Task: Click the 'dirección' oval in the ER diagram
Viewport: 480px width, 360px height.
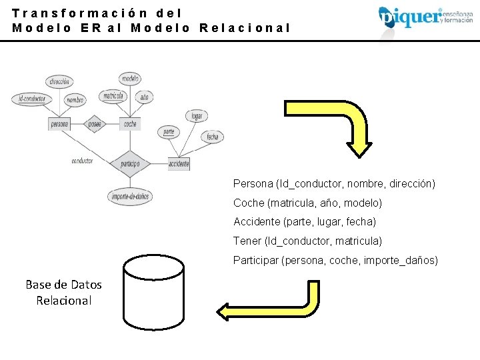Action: (x=59, y=82)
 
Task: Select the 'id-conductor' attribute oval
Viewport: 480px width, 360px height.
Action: (x=31, y=99)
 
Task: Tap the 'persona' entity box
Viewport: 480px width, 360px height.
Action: (x=59, y=124)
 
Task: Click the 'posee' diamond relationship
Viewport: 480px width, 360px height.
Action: (x=95, y=124)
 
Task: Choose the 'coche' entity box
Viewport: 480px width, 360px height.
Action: (x=130, y=124)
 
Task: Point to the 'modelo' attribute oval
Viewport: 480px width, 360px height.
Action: (x=130, y=79)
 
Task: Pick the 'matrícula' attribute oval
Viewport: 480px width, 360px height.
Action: (x=113, y=97)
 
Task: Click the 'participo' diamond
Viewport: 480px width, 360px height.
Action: (x=130, y=162)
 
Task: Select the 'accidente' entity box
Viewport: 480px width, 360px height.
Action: (x=179, y=163)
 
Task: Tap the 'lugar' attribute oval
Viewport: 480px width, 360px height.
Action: (x=197, y=116)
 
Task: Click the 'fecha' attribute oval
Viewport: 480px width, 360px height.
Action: (x=212, y=137)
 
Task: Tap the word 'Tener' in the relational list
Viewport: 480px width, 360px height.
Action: (x=247, y=241)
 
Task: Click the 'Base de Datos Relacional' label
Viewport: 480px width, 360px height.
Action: (x=64, y=293)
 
